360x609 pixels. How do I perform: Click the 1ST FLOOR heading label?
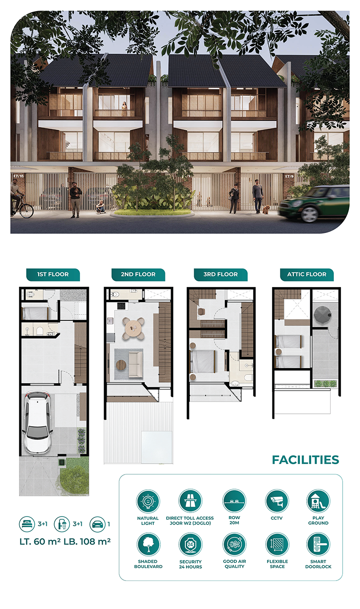pos(53,274)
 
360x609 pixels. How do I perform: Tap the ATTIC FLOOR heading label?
pos(307,274)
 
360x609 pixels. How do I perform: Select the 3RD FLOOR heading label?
pos(220,274)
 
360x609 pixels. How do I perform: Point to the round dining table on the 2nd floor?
pos(133,329)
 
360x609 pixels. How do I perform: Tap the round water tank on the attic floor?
pos(323,315)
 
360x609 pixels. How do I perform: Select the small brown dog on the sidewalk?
pos(266,209)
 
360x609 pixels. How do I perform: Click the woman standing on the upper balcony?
pos(124,109)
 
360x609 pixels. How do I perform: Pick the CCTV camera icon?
pos(277,501)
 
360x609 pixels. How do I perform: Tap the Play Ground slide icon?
pos(318,501)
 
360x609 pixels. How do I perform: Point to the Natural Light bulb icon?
pos(148,501)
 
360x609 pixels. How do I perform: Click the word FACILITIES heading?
pos(305,460)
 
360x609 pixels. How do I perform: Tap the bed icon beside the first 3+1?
pos(27,524)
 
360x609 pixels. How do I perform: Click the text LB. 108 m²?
pos(87,541)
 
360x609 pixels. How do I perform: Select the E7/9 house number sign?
pos(289,176)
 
